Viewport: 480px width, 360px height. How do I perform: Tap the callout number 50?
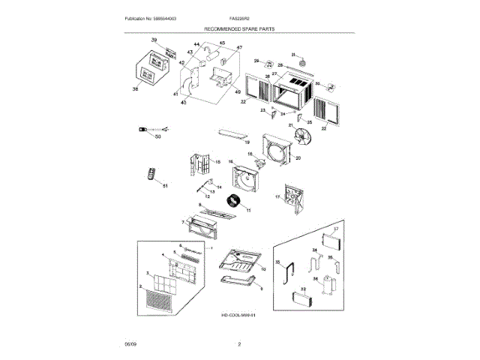(158, 137)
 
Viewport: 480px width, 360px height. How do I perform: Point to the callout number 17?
(277, 197)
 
